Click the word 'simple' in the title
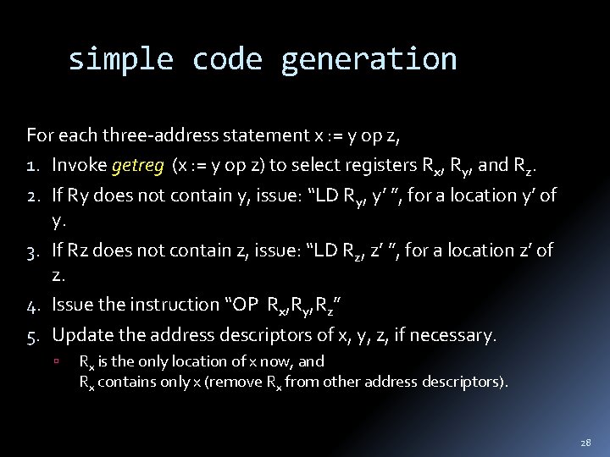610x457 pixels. (119, 59)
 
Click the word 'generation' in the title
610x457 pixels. (369, 59)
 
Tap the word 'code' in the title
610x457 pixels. (226, 59)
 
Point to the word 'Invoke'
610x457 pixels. (79, 165)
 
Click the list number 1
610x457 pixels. (32, 165)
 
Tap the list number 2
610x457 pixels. (33, 195)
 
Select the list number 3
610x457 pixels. (33, 251)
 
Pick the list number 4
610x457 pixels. (33, 305)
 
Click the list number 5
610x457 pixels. (33, 335)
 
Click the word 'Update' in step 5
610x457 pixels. (80, 335)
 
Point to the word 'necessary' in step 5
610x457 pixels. (454, 335)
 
